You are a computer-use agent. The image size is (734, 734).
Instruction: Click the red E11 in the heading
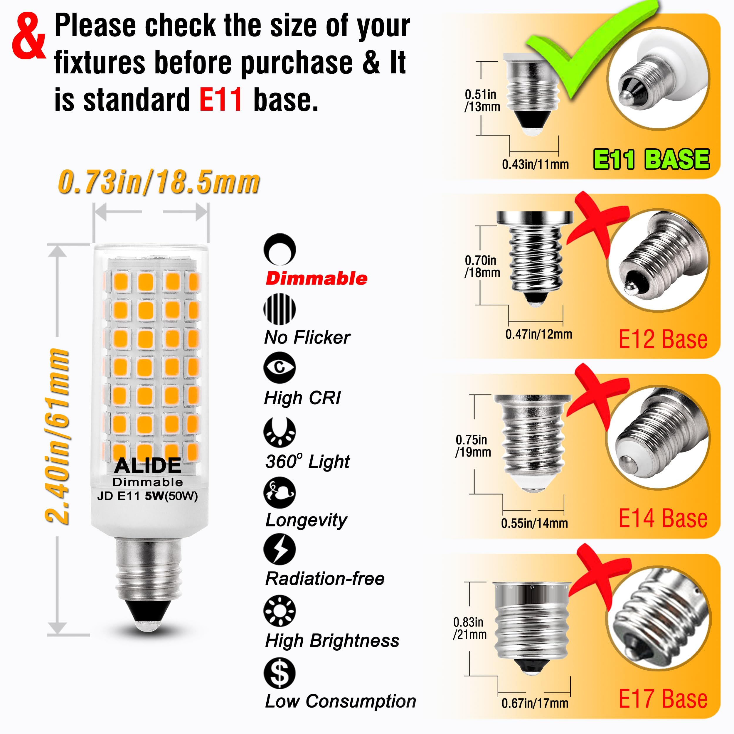pyautogui.click(x=221, y=100)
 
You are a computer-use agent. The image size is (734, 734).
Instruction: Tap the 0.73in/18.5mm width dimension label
pyautogui.click(x=159, y=182)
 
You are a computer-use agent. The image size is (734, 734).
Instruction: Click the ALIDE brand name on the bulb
pyautogui.click(x=148, y=465)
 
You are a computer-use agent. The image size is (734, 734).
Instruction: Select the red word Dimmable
pyautogui.click(x=317, y=278)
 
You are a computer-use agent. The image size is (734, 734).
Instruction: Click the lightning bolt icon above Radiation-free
pyautogui.click(x=280, y=549)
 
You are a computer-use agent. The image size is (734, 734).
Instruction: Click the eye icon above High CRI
pyautogui.click(x=280, y=367)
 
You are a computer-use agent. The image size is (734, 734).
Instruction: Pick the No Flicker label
pyautogui.click(x=307, y=337)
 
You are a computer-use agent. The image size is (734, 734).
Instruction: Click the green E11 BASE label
pyautogui.click(x=651, y=159)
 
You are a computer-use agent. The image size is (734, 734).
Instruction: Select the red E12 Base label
pyautogui.click(x=663, y=339)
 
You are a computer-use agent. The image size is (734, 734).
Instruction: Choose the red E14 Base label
pyautogui.click(x=663, y=518)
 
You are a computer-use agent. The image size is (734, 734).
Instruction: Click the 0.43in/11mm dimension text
pyautogui.click(x=535, y=164)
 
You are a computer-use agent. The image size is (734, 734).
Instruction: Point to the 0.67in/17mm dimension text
pyautogui.click(x=535, y=703)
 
